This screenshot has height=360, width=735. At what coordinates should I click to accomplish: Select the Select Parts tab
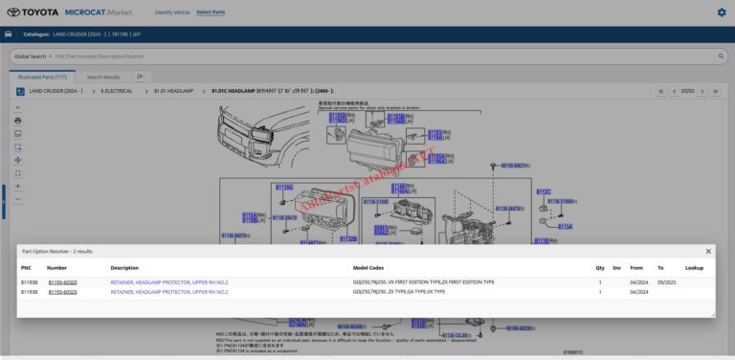click(211, 12)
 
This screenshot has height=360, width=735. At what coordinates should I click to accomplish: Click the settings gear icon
click(721, 12)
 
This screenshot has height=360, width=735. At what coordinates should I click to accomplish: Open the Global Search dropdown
click(33, 56)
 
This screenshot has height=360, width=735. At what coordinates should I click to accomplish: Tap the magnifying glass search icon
click(721, 56)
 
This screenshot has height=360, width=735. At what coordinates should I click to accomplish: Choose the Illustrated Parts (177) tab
click(41, 77)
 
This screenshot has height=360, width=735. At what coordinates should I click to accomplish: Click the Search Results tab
click(103, 77)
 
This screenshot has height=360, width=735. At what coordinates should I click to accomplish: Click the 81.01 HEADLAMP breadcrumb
click(173, 91)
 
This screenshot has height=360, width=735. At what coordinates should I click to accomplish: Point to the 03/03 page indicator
click(687, 91)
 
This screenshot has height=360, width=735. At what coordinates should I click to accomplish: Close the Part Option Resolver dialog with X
click(708, 251)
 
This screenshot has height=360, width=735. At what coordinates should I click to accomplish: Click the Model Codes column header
click(368, 268)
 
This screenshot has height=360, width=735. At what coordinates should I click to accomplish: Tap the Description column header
click(124, 268)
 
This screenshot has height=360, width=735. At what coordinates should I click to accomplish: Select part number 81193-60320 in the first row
click(62, 282)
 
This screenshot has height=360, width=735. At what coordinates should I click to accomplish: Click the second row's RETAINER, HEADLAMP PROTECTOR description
click(168, 292)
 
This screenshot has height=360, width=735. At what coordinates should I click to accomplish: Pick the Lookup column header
click(694, 268)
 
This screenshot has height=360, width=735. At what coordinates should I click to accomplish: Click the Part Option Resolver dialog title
click(56, 251)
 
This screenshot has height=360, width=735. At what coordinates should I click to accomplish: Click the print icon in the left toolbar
click(17, 121)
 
